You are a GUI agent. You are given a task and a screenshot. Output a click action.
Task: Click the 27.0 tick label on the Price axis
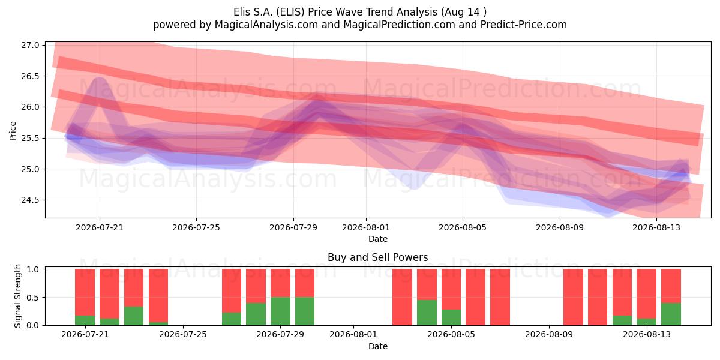pos(30,45)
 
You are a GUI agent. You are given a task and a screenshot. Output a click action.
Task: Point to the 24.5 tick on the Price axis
pos(30,200)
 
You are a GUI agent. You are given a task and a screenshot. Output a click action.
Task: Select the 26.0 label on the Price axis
pos(30,107)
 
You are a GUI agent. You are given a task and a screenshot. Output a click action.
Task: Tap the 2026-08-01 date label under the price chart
pos(366,227)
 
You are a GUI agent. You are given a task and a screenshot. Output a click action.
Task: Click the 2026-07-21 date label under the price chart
pos(100,227)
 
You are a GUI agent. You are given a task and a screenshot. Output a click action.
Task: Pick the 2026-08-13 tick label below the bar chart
pos(647,335)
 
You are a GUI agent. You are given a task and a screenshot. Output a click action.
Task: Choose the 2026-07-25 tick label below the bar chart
pos(183,335)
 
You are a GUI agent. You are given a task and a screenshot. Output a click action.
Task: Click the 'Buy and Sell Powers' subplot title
pos(377,257)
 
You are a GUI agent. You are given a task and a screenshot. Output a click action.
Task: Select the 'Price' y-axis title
pos(13,131)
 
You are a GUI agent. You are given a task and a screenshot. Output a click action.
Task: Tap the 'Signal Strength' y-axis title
pos(17,296)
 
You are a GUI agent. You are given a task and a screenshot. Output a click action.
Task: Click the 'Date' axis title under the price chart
pos(377,239)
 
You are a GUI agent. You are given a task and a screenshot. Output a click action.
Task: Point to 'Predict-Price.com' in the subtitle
pos(524,25)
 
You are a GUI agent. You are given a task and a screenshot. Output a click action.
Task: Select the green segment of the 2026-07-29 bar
pos(280,311)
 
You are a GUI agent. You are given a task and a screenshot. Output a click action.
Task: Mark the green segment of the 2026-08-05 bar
pos(451,317)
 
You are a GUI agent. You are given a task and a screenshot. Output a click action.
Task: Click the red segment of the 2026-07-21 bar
pos(85,292)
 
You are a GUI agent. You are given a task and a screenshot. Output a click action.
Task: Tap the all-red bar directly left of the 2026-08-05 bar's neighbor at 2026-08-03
pos(402,297)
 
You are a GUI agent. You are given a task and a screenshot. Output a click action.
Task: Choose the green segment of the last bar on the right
pos(671,314)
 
